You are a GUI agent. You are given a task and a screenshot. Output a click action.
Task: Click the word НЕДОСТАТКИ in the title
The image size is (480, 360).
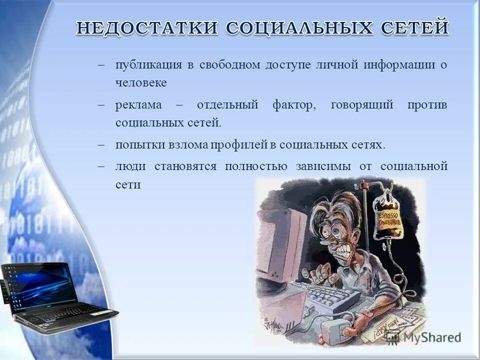147,27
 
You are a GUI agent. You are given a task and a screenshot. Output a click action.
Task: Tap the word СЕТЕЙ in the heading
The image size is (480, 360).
415,27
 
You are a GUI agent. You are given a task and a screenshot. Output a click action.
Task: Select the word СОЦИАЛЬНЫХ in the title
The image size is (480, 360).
299,28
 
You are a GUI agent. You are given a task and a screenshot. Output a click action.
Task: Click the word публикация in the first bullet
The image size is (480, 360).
149,65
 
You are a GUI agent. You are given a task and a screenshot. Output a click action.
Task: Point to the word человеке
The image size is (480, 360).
141,82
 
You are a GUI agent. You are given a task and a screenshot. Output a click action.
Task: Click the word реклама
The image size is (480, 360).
138,105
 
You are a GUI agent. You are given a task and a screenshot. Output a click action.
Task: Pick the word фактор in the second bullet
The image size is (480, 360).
294,105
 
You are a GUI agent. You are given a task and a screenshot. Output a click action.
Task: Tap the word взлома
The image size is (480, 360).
188,145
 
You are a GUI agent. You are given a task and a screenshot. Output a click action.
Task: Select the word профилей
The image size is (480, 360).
239,145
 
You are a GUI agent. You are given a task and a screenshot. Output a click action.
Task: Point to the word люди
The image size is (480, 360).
130,166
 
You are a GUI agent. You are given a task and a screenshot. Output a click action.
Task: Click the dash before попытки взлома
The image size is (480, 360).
101,145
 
